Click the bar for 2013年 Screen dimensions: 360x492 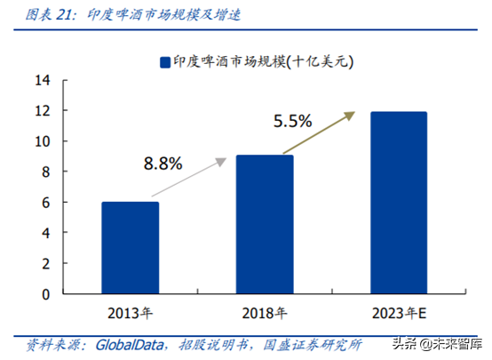pos(130,248)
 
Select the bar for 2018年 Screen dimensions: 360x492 pos(264,225)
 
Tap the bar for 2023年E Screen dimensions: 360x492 pos(398,203)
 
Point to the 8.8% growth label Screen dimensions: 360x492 pos(163,163)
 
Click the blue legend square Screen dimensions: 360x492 pos(165,61)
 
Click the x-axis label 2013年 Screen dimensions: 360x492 pos(130,313)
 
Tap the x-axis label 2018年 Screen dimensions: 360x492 pos(264,313)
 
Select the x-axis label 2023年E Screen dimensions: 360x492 pos(398,313)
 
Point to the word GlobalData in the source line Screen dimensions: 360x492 pos(122,342)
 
